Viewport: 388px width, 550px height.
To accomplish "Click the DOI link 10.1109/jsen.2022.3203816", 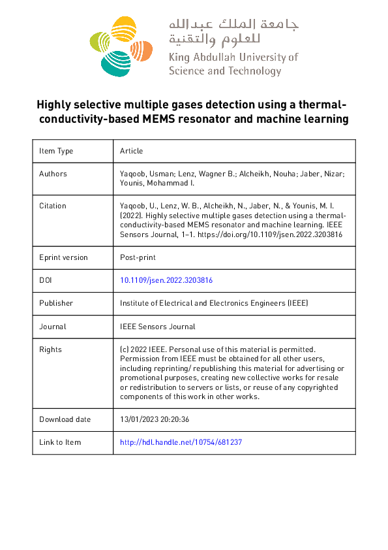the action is click(166, 280).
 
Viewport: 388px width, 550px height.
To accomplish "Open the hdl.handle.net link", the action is click(181, 442).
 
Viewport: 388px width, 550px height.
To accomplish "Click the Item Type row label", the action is click(56, 151).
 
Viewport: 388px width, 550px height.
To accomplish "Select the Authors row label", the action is click(53, 174).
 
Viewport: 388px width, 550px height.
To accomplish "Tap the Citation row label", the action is click(53, 206).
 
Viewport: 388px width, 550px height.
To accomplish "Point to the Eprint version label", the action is click(63, 257).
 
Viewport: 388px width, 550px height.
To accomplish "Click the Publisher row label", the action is click(56, 303).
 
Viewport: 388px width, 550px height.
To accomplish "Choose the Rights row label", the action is click(50, 349).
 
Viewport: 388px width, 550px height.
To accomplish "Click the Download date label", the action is click(65, 419).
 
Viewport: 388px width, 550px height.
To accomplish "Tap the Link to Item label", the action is click(60, 442).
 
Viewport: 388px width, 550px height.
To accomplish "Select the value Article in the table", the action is click(131, 151).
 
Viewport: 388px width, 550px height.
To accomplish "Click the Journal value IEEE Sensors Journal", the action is click(157, 327).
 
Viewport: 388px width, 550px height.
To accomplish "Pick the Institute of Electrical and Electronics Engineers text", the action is click(214, 303).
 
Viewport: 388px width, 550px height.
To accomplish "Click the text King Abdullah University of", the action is click(233, 57).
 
